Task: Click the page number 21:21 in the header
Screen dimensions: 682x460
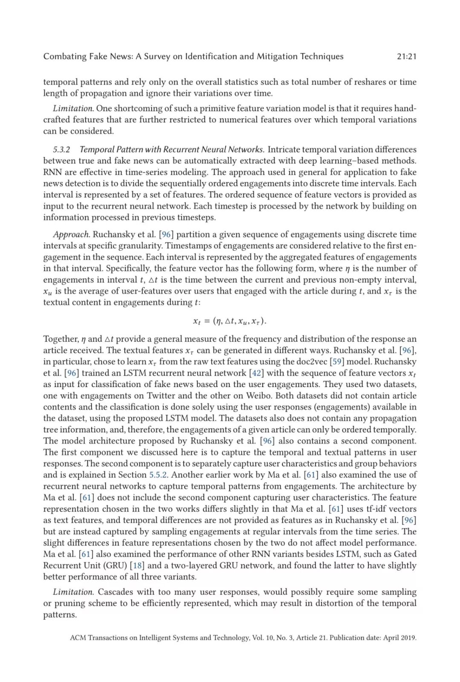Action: click(406, 56)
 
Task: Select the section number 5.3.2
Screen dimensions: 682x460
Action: click(61, 150)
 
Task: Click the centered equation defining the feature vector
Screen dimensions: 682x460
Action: click(230, 321)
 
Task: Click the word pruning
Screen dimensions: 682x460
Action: click(69, 604)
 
